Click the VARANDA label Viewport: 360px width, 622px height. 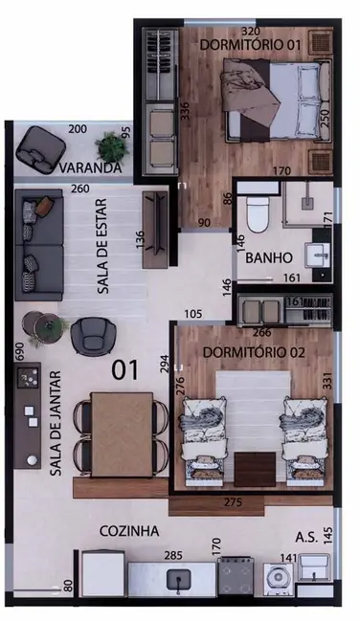(x=90, y=168)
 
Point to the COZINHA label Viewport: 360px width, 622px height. (x=127, y=529)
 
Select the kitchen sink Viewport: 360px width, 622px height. (x=177, y=579)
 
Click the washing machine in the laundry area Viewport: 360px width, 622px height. (x=275, y=578)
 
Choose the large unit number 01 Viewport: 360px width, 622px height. (x=124, y=366)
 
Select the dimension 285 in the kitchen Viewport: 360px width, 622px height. (x=173, y=554)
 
